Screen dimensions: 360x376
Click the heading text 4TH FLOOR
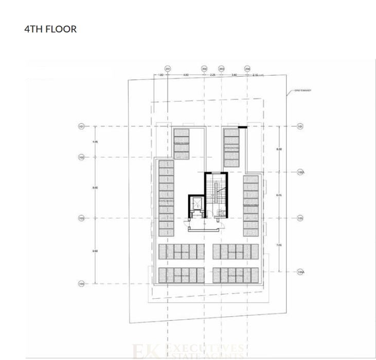coord(50,29)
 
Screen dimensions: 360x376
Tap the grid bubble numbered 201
coord(168,68)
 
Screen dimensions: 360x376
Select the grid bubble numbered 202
coord(204,68)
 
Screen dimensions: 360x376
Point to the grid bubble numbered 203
coord(222,68)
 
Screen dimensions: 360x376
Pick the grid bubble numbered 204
coord(247,68)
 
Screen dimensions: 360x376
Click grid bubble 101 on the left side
coord(81,126)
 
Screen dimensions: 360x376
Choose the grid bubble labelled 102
coord(81,157)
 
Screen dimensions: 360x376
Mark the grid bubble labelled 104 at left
coord(81,283)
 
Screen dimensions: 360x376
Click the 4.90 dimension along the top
coord(186,75)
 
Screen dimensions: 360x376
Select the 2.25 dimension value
coord(212,75)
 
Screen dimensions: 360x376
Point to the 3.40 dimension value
coord(234,75)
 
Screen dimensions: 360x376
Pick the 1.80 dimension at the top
coord(160,75)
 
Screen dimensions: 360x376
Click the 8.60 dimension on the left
coord(95,251)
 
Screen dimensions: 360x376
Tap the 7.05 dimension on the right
coord(279,245)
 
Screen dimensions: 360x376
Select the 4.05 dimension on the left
coord(95,142)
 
